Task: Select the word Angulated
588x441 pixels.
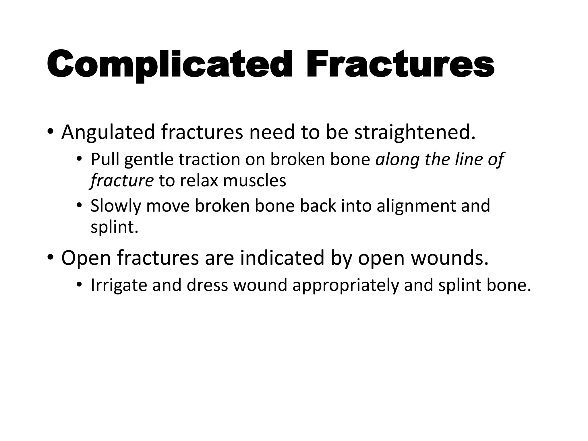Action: point(108,132)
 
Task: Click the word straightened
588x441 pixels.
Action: point(415,132)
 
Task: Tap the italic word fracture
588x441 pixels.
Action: point(122,181)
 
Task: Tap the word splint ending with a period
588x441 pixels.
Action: point(114,227)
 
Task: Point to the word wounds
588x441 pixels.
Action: point(450,258)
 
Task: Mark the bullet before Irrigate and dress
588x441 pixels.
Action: point(80,285)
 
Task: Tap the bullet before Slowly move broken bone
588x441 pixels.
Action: point(80,206)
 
